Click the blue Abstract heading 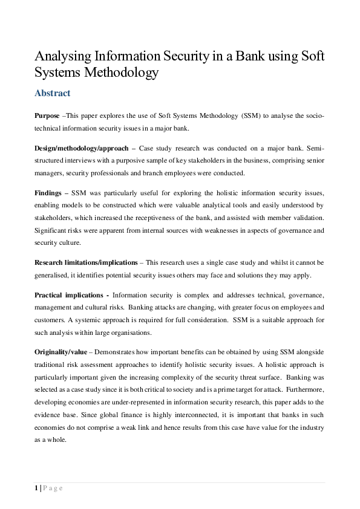[53, 93]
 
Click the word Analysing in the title [64, 57]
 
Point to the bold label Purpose [47, 115]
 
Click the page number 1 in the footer [36, 488]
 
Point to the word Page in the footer [53, 488]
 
